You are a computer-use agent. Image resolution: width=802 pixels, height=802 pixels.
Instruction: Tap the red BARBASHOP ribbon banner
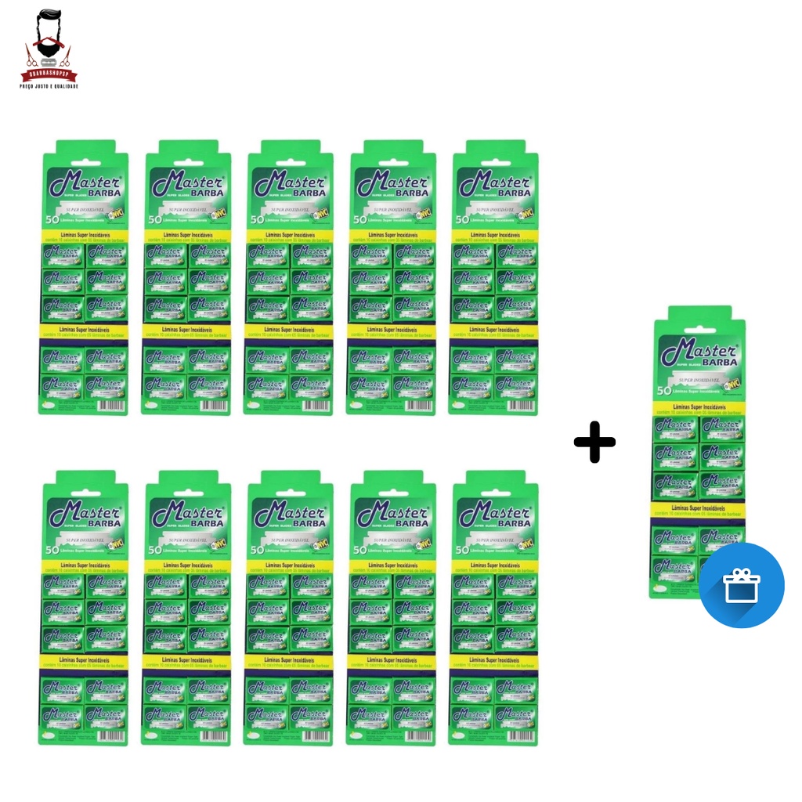49,75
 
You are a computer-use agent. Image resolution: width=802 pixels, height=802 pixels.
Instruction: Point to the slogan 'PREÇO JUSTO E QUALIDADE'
49,85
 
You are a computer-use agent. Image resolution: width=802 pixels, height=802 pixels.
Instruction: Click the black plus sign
594,443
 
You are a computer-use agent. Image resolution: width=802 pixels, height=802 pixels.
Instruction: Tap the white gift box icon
741,586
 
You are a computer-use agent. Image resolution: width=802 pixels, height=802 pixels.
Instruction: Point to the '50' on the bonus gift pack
663,389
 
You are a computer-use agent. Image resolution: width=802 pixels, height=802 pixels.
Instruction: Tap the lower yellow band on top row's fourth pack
392,331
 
